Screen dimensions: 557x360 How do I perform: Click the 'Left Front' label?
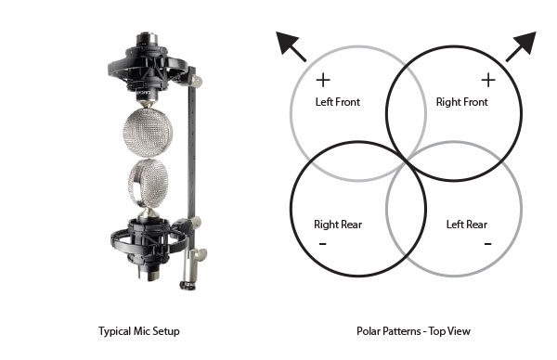338,102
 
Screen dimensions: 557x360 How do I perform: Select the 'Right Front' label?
461,102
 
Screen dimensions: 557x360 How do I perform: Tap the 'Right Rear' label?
338,225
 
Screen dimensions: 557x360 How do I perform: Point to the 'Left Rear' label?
467,225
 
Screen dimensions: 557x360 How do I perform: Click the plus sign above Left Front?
323,80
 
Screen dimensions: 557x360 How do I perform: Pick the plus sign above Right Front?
488,80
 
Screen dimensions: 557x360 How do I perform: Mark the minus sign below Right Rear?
322,243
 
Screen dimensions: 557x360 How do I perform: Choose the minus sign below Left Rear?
487,243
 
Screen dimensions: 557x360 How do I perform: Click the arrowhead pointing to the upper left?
288,43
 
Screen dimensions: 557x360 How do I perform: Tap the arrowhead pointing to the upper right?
525,43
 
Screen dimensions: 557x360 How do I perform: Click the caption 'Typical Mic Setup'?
139,331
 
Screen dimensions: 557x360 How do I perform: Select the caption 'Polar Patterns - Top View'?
413,331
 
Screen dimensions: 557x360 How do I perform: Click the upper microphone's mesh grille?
148,133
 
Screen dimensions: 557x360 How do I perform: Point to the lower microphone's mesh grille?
149,184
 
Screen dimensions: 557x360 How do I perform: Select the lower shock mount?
149,238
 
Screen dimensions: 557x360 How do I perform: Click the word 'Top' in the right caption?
438,331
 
